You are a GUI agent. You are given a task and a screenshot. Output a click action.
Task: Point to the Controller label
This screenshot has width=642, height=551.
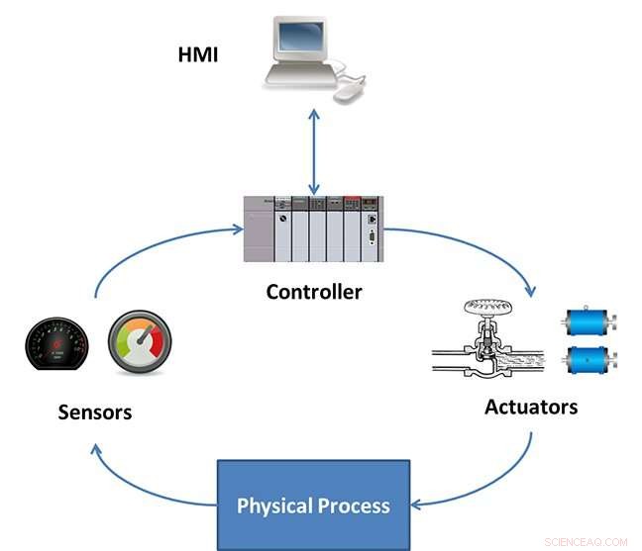point(314,292)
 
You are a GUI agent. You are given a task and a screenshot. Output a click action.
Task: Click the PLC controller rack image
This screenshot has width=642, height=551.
point(314,229)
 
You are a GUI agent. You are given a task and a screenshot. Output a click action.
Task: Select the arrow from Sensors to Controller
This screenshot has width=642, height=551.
point(149,247)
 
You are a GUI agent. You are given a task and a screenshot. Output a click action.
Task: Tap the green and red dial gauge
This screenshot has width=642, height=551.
point(138,340)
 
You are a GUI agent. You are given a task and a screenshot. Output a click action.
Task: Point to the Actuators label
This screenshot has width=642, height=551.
point(531,407)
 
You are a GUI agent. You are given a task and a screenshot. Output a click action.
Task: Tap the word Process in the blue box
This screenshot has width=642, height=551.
point(354,506)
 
